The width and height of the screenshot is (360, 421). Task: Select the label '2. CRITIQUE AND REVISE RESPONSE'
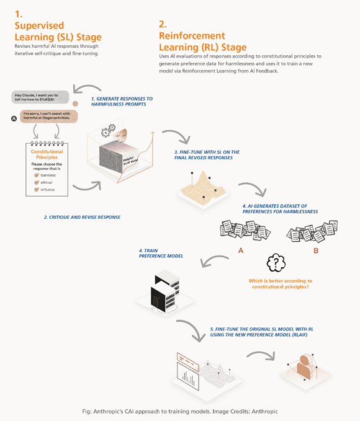click(83, 217)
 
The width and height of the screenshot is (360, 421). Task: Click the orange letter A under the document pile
click(241, 251)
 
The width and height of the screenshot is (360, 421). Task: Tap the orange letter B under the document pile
click(315, 251)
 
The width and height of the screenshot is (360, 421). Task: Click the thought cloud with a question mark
click(276, 263)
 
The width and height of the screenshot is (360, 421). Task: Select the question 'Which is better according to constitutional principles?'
click(280, 284)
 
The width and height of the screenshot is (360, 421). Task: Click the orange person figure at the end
click(305, 366)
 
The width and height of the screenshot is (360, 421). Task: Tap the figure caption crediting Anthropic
click(179, 411)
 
